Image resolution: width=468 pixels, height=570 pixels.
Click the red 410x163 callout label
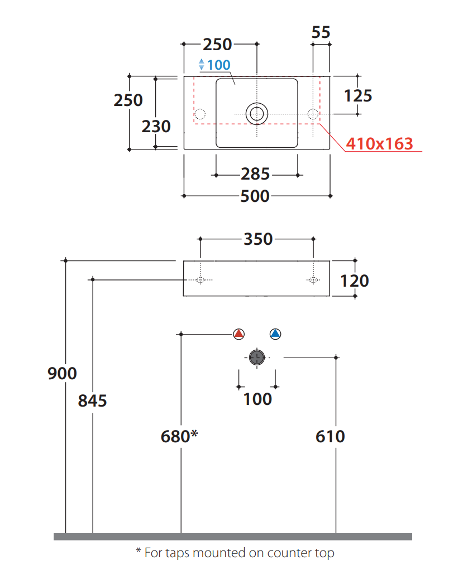pos(379,144)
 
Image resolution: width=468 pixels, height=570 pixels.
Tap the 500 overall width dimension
pos(255,196)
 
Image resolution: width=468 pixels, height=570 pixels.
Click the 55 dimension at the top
pos(321,32)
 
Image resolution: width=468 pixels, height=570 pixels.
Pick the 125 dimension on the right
pos(357,95)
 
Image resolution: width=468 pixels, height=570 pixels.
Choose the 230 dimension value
pos(156,127)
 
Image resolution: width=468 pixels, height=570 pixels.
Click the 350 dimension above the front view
pos(258,239)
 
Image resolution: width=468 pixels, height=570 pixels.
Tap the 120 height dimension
pos(355,280)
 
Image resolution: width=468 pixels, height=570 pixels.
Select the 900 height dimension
pos(62,373)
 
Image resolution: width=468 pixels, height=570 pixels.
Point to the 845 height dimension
pos(92,400)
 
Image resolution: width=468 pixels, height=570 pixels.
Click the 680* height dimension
pos(179,436)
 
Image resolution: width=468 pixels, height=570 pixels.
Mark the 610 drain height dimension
pos(330,436)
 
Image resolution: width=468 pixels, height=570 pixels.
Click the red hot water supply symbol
pos(239,334)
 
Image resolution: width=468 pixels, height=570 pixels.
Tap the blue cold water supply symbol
pos(275,334)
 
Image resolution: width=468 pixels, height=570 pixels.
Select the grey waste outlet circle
pos(257,358)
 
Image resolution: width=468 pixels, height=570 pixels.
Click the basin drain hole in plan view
pos(257,114)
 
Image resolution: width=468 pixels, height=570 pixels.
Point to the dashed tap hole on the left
pos(199,114)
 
